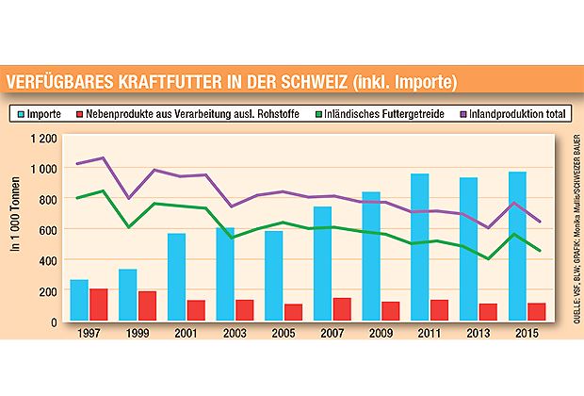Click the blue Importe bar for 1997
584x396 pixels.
click(79, 301)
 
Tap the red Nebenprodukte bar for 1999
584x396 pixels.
click(148, 306)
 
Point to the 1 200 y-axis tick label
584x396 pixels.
click(42, 139)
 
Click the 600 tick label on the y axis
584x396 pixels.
click(47, 230)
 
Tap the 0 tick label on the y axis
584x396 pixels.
click(55, 322)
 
